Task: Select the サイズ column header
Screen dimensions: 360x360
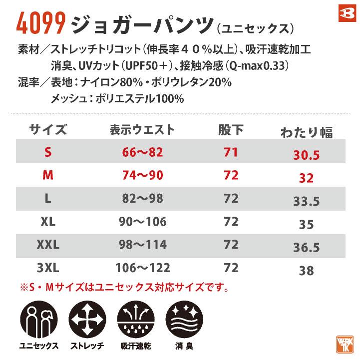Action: pyautogui.click(x=48, y=130)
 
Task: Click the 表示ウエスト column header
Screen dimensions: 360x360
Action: pyautogui.click(x=142, y=130)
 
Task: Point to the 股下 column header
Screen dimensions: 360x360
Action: pyautogui.click(x=231, y=130)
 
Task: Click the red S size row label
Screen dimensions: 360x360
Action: pyautogui.click(x=48, y=153)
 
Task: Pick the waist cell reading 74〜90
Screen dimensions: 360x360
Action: pyautogui.click(x=143, y=175)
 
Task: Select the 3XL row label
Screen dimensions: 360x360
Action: pyautogui.click(x=48, y=268)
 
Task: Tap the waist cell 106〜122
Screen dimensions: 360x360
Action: pyautogui.click(x=143, y=268)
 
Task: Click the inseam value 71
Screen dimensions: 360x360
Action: pyautogui.click(x=231, y=153)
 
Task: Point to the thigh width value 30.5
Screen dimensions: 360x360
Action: pyautogui.click(x=307, y=155)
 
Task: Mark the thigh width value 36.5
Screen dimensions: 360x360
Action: pyautogui.click(x=307, y=248)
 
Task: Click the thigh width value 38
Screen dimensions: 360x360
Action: pyautogui.click(x=307, y=271)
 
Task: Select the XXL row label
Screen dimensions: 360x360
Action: pyautogui.click(x=48, y=245)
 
